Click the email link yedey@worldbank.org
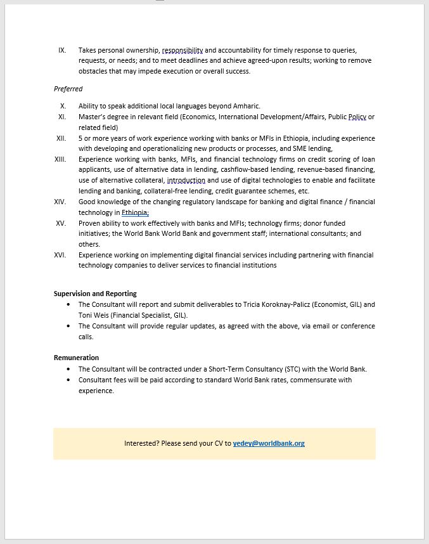(x=269, y=443)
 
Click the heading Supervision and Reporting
(x=95, y=294)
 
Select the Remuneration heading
(x=76, y=358)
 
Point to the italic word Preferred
(x=68, y=89)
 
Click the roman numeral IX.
(x=62, y=50)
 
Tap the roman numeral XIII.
(x=60, y=159)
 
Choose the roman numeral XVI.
(x=60, y=255)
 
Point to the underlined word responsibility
(x=182, y=50)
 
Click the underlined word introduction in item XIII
(x=186, y=181)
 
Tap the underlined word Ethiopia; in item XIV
(x=135, y=212)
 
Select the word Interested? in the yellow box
(x=141, y=443)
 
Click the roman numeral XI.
(x=62, y=117)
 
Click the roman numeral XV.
(x=61, y=223)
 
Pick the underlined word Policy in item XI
(x=357, y=117)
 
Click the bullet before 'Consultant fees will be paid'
(x=68, y=380)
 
